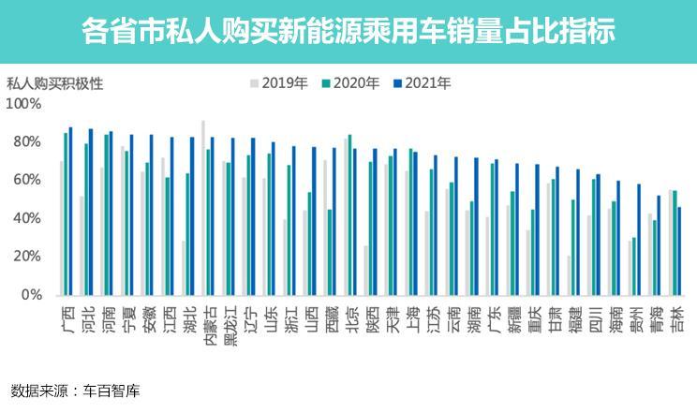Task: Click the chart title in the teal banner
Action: pos(348,32)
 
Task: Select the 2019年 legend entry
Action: pos(285,83)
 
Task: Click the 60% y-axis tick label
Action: pos(29,180)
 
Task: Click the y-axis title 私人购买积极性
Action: pos(54,82)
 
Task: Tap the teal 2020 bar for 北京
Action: pos(349,215)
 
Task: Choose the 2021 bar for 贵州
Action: pos(639,240)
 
